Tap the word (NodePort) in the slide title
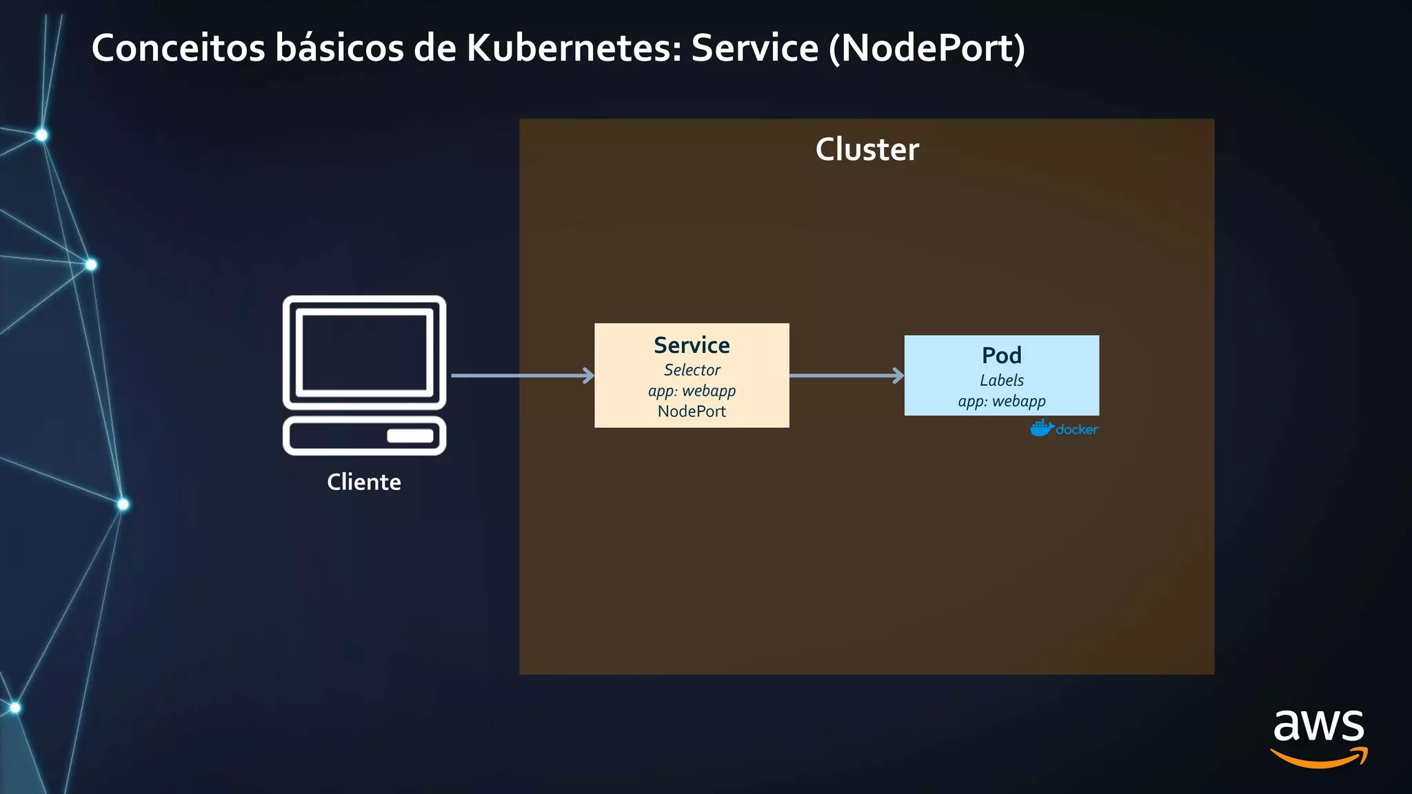pyautogui.click(x=927, y=48)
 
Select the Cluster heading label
pyautogui.click(x=867, y=150)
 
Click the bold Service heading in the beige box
pyautogui.click(x=692, y=345)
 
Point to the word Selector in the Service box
pyautogui.click(x=692, y=370)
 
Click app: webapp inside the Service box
pyautogui.click(x=692, y=391)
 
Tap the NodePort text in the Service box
pyautogui.click(x=692, y=411)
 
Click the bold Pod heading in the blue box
pyautogui.click(x=1001, y=356)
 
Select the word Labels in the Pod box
pyautogui.click(x=1001, y=380)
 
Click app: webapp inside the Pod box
pyautogui.click(x=1001, y=401)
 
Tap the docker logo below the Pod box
pyautogui.click(x=1064, y=429)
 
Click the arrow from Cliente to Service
pyautogui.click(x=521, y=376)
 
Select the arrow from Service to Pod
pyautogui.click(x=846, y=376)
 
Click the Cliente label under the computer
pyautogui.click(x=364, y=482)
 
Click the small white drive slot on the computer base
pyautogui.click(x=410, y=436)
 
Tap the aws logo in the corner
pyautogui.click(x=1318, y=737)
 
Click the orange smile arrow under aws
pyautogui.click(x=1318, y=760)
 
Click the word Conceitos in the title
pyautogui.click(x=178, y=48)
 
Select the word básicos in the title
pyautogui.click(x=339, y=48)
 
